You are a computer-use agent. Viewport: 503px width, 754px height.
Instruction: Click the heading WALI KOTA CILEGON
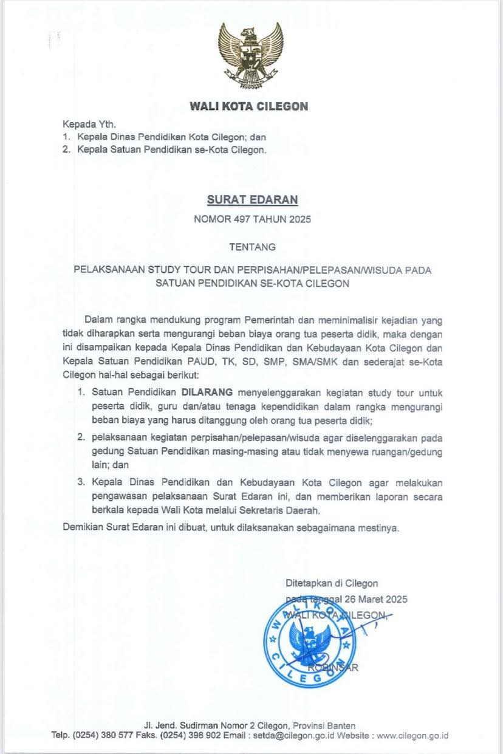[249, 107]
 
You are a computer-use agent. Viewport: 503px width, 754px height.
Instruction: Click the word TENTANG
[251, 247]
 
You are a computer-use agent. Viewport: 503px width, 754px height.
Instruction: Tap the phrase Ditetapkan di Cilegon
[332, 583]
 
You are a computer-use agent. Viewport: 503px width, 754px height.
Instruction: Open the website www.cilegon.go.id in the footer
[412, 735]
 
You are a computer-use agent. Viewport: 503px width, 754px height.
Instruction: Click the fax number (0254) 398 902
[202, 735]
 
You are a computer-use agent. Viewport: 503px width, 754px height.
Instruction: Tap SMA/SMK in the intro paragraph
[303, 363]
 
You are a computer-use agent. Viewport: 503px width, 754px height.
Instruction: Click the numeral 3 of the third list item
[80, 482]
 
